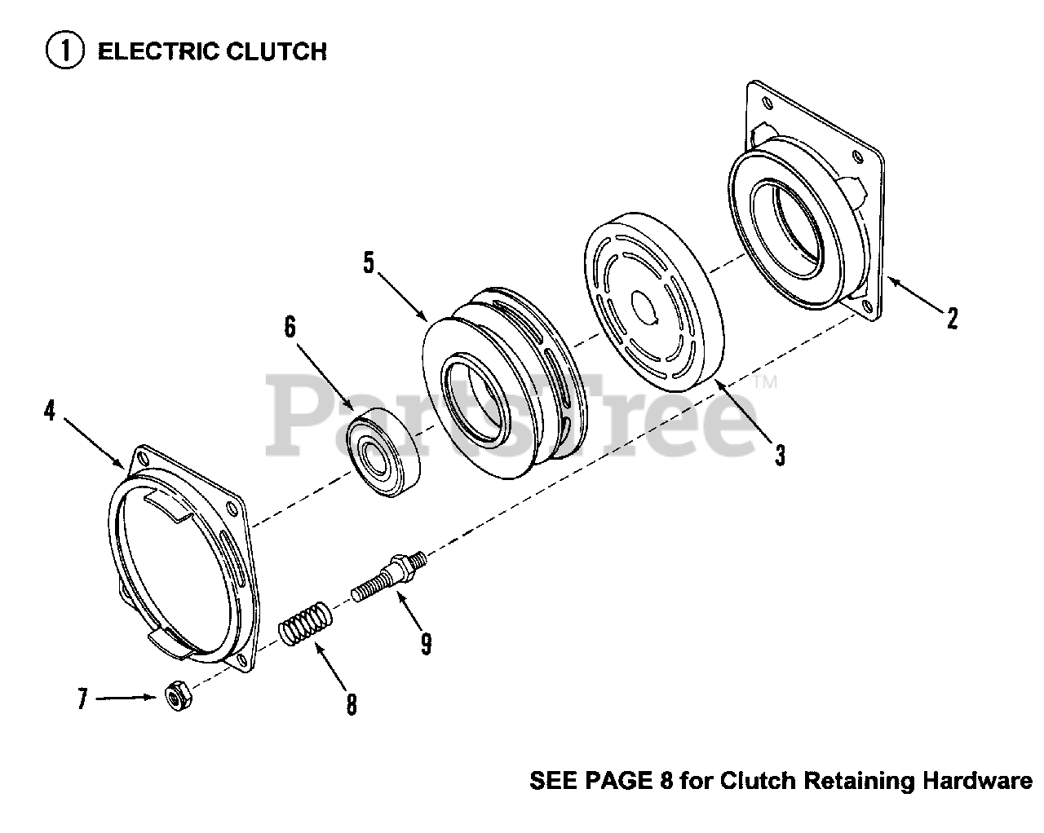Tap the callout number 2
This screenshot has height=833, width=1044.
tap(952, 317)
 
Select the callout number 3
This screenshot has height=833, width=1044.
tap(781, 455)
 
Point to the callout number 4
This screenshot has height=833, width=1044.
tap(50, 411)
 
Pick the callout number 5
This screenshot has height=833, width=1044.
tap(369, 263)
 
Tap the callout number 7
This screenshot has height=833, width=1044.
tap(82, 699)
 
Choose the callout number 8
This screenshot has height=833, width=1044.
tap(352, 703)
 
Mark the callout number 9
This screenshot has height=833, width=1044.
tap(427, 644)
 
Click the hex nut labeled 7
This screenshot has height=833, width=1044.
tap(174, 698)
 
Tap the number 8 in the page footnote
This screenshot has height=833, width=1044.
tap(665, 781)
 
